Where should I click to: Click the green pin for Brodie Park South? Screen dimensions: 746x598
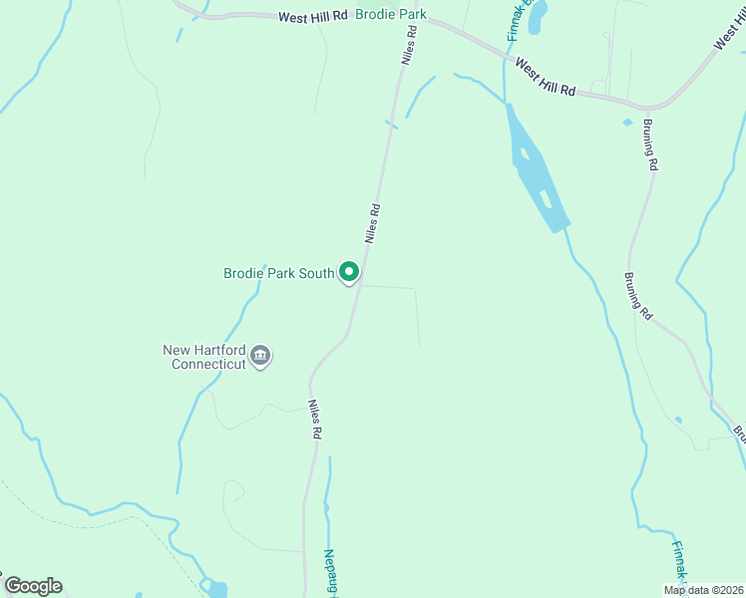(x=349, y=271)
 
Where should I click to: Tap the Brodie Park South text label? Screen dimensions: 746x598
(x=278, y=272)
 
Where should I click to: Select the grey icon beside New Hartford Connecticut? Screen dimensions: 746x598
(x=260, y=356)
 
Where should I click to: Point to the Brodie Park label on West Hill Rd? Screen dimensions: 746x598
(x=392, y=15)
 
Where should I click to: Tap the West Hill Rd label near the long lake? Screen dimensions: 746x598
(x=545, y=76)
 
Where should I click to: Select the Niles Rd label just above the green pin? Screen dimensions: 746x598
(x=373, y=224)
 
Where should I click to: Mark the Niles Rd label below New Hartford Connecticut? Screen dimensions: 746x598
(x=315, y=420)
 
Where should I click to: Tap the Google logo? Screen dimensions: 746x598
(x=33, y=586)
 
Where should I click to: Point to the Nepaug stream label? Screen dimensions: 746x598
(x=330, y=572)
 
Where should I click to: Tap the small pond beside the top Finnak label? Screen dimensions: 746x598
(x=537, y=19)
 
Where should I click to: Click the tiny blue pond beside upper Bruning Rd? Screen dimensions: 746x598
(x=627, y=122)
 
